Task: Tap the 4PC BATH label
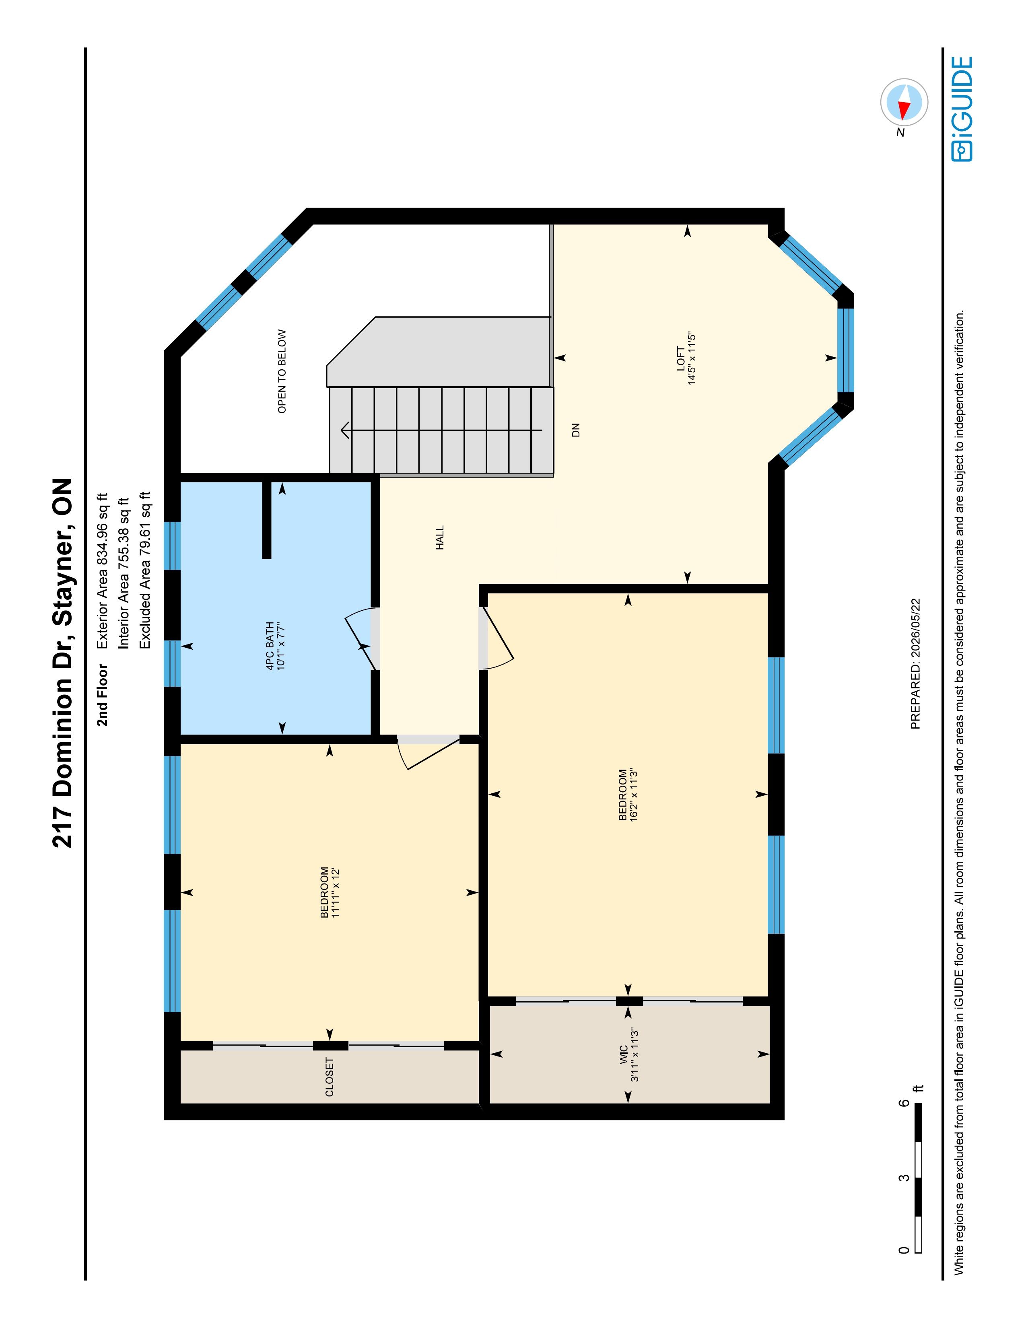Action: pos(270,646)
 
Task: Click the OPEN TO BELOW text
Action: pos(282,371)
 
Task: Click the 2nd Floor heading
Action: pos(102,695)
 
